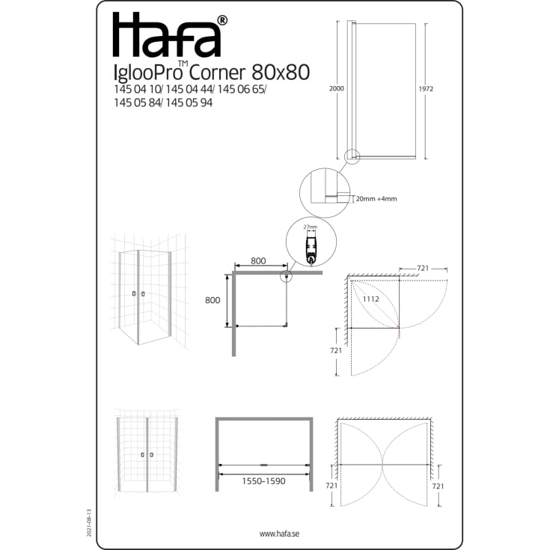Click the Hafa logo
click(167, 35)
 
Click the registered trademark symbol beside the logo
click(222, 20)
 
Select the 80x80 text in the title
click(281, 73)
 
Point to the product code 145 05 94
click(189, 103)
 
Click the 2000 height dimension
click(337, 89)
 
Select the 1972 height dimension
click(426, 89)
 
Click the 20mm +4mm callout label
click(376, 199)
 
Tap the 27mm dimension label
click(311, 227)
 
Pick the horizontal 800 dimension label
click(258, 261)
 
